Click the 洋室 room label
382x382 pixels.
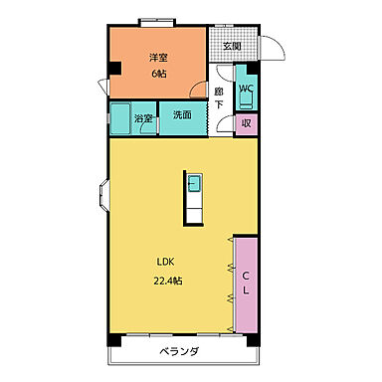click(x=158, y=58)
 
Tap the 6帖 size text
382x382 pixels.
click(x=158, y=74)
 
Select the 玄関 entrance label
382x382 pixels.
click(x=231, y=45)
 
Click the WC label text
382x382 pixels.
click(x=246, y=87)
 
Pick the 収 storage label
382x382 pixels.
click(x=246, y=123)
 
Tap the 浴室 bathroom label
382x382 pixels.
click(x=144, y=120)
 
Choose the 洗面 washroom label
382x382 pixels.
click(x=182, y=115)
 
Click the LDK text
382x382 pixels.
click(x=164, y=264)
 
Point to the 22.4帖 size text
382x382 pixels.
click(x=168, y=280)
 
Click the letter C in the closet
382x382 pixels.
click(x=245, y=274)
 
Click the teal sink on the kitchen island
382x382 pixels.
click(x=195, y=186)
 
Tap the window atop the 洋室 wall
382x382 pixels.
click(x=157, y=22)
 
